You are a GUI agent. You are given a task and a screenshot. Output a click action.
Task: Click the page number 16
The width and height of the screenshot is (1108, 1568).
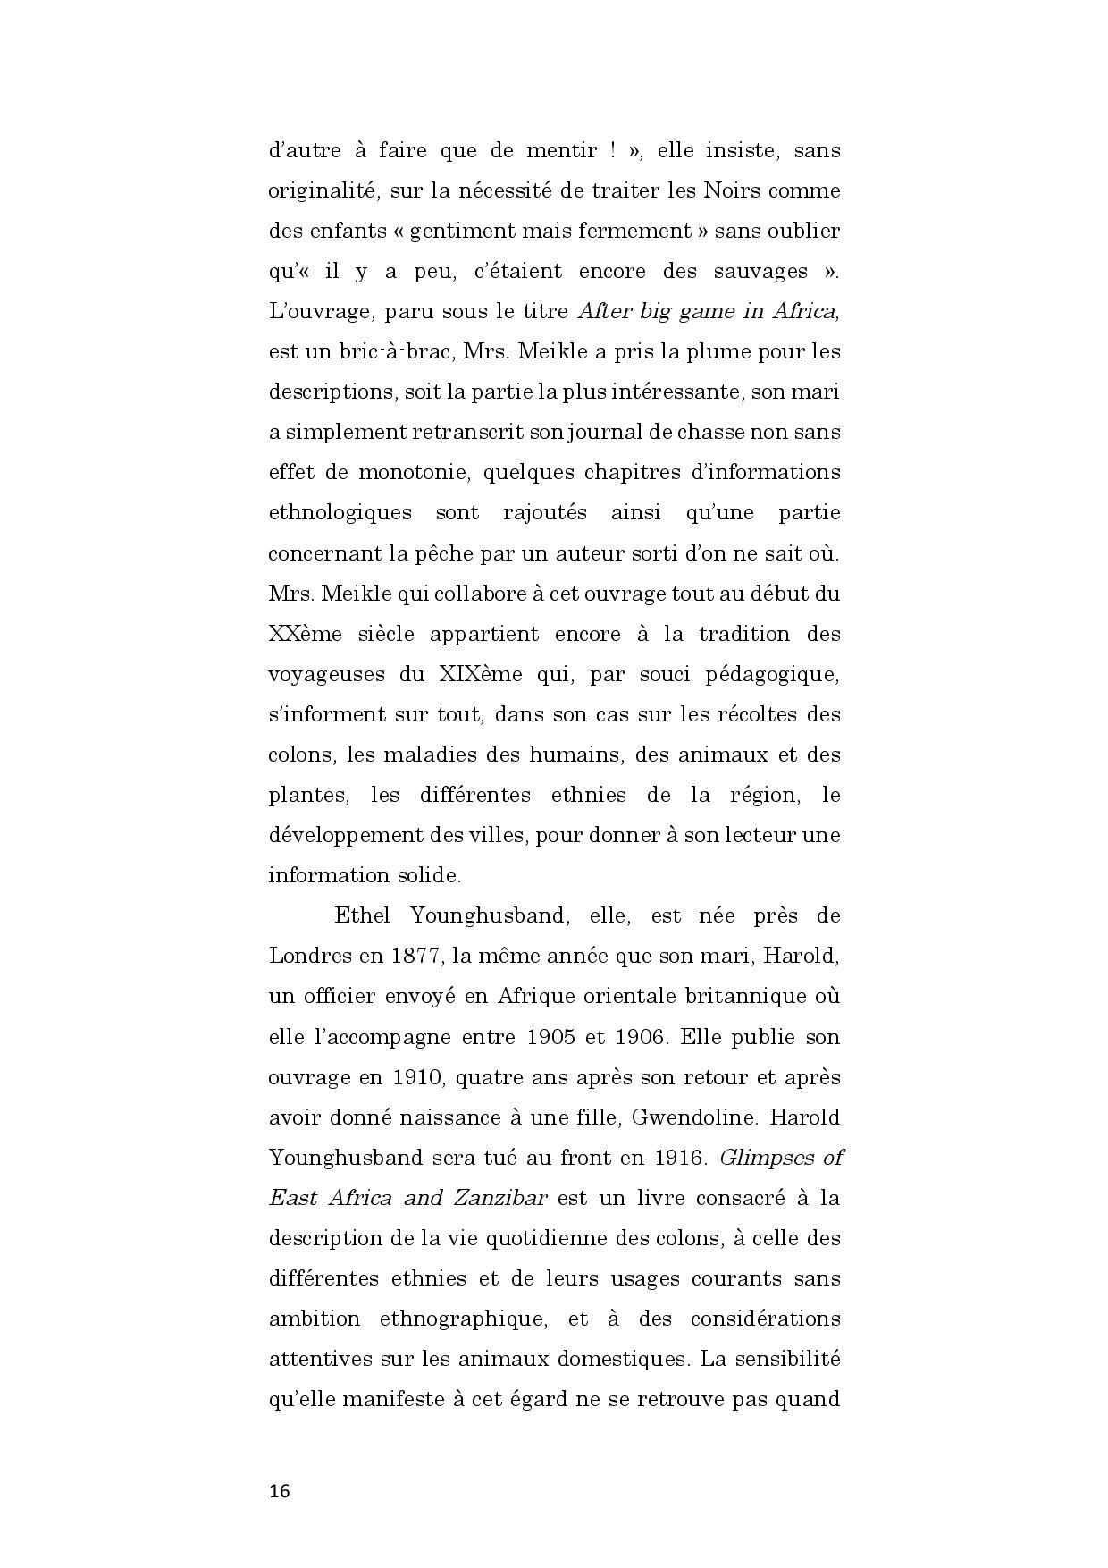(280, 1491)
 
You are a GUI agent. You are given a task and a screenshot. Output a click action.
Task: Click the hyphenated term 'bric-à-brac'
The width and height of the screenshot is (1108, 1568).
(395, 351)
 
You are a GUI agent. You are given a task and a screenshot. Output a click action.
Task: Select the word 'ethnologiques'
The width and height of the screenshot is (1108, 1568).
(340, 513)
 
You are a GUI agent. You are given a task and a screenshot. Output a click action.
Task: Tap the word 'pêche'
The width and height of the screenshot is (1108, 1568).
(445, 553)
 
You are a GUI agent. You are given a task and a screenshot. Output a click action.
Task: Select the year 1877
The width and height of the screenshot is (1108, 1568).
(416, 956)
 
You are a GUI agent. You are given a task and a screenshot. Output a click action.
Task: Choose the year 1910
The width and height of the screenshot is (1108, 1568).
(417, 1077)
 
